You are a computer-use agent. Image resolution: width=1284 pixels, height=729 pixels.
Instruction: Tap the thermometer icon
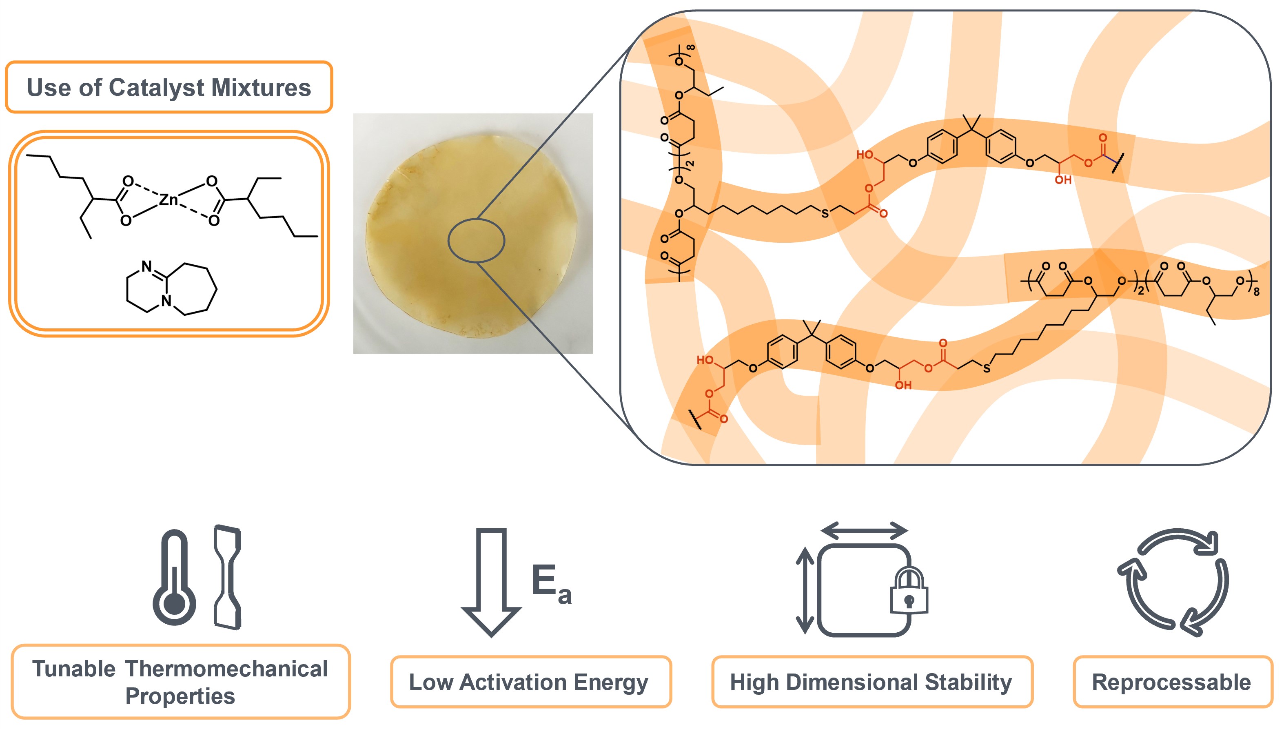click(x=174, y=578)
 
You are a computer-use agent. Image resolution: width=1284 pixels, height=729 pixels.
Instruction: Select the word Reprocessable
click(x=1171, y=682)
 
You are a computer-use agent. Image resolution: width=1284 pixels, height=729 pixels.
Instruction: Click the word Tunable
click(x=74, y=669)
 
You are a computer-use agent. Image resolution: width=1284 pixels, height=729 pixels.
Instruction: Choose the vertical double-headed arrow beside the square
click(x=805, y=590)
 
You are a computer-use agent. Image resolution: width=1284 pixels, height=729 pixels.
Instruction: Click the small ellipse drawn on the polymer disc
click(x=476, y=240)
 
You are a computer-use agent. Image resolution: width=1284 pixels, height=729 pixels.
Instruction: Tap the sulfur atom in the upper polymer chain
click(x=825, y=214)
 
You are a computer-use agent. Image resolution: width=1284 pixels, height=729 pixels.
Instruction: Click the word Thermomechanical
click(x=226, y=669)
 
